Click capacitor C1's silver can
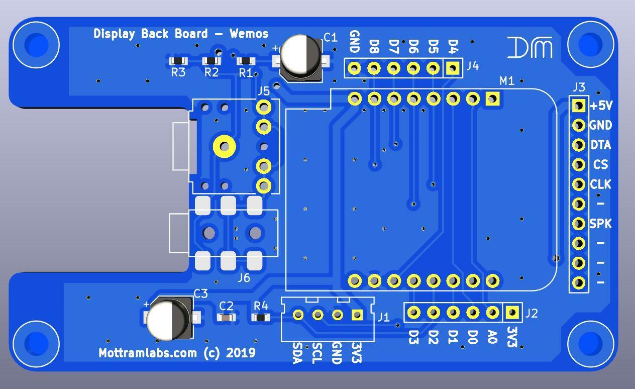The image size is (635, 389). click(301, 56)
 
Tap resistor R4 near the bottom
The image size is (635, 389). click(261, 317)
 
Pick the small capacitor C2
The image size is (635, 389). click(227, 317)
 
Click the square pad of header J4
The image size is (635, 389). click(453, 68)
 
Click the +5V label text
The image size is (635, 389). click(601, 106)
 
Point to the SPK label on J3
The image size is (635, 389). click(600, 224)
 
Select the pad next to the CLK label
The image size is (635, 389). click(579, 184)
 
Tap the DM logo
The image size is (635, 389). click(530, 48)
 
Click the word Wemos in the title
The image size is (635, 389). click(249, 34)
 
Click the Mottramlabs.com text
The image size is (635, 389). click(148, 353)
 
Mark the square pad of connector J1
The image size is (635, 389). click(357, 315)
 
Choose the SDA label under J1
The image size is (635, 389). click(297, 353)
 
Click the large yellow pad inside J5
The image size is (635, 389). click(224, 147)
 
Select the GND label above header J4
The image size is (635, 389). click(354, 42)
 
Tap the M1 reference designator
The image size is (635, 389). click(507, 80)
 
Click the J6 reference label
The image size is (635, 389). click(244, 277)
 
